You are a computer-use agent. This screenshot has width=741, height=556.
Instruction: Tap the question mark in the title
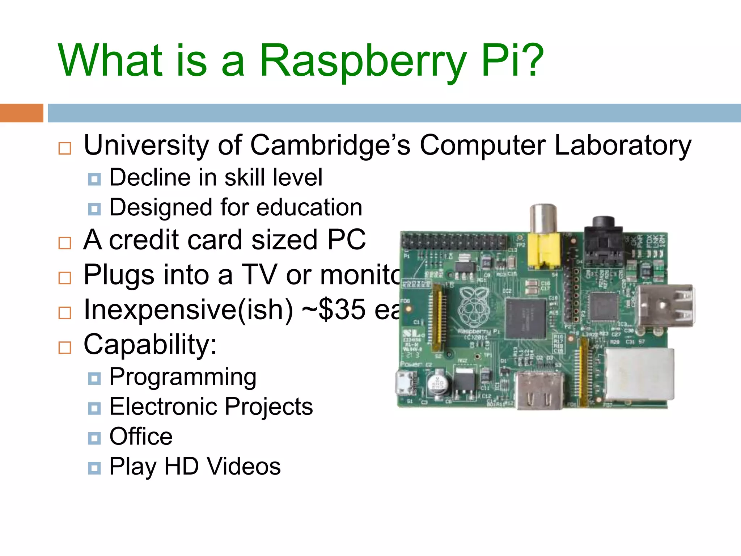(530, 60)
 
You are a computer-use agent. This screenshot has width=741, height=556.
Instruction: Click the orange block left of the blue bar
(21, 113)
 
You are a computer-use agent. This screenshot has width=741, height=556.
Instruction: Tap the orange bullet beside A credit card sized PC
(65, 243)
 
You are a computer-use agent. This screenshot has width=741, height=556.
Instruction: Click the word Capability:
(150, 344)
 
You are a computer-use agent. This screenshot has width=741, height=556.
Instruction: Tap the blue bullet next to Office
(94, 438)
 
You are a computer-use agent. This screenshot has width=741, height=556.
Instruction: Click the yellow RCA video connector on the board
(544, 250)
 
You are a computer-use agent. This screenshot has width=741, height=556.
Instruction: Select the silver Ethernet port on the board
(638, 375)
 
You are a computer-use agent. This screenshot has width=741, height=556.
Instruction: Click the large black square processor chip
(525, 318)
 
